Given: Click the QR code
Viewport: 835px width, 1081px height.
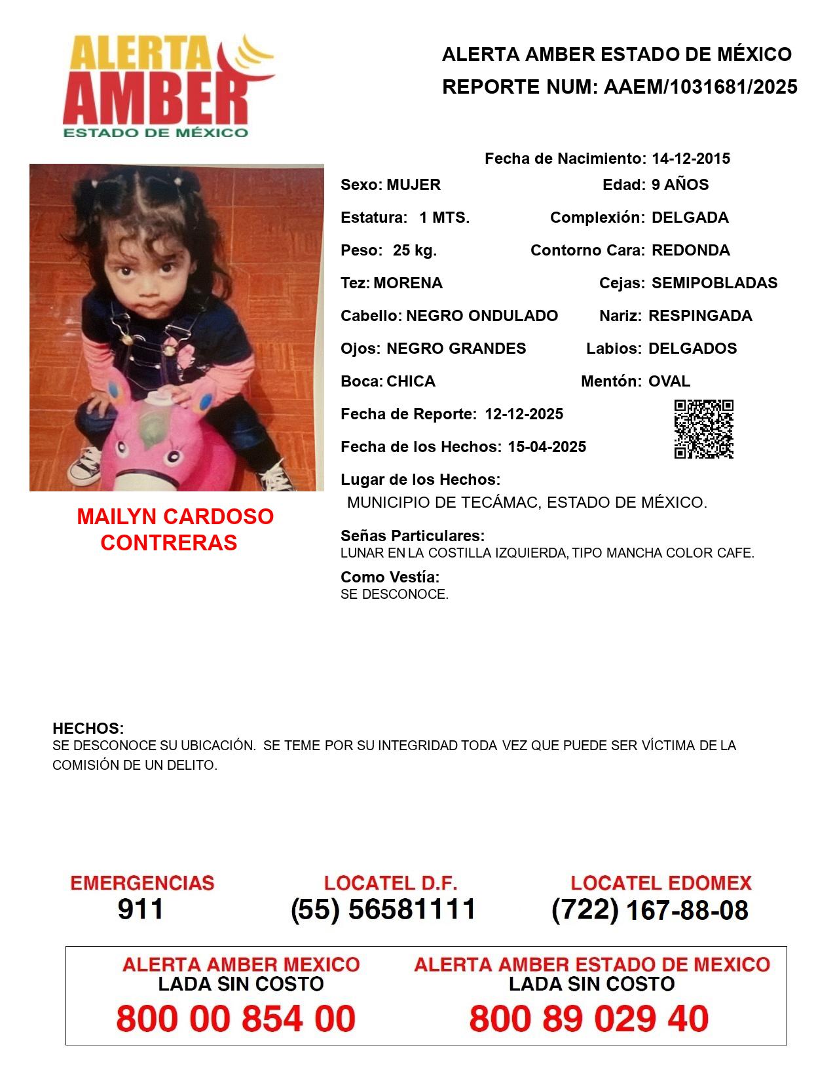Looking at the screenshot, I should click(x=703, y=429).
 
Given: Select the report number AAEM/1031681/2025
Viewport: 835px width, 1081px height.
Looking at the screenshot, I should click(x=700, y=87).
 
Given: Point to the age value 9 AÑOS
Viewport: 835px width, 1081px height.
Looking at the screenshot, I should click(x=680, y=185).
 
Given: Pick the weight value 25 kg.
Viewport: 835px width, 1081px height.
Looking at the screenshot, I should click(x=415, y=250).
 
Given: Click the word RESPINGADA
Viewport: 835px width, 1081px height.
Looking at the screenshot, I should click(x=699, y=316).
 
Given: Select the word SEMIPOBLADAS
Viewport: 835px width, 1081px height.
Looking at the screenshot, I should click(x=714, y=283).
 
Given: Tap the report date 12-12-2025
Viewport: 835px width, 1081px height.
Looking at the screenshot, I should click(x=524, y=414).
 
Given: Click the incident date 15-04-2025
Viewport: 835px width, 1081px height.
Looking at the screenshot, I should click(x=547, y=447).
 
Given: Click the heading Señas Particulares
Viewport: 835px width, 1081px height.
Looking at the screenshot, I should click(x=412, y=536).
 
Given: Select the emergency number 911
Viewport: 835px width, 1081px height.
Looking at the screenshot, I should click(x=141, y=909).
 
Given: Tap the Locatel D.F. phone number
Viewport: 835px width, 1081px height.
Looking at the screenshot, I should click(x=384, y=909).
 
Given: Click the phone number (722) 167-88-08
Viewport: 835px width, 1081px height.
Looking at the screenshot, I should click(x=650, y=910).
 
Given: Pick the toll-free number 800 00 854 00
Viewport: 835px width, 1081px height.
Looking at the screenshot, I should click(x=236, y=1019).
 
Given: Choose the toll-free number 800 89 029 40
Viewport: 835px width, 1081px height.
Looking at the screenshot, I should click(x=589, y=1019).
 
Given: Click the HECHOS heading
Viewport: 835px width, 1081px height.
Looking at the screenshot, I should click(x=88, y=729).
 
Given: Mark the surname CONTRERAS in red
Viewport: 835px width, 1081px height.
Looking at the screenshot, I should click(x=169, y=542).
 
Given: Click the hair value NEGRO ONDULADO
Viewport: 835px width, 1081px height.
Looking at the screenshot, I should click(x=482, y=316).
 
